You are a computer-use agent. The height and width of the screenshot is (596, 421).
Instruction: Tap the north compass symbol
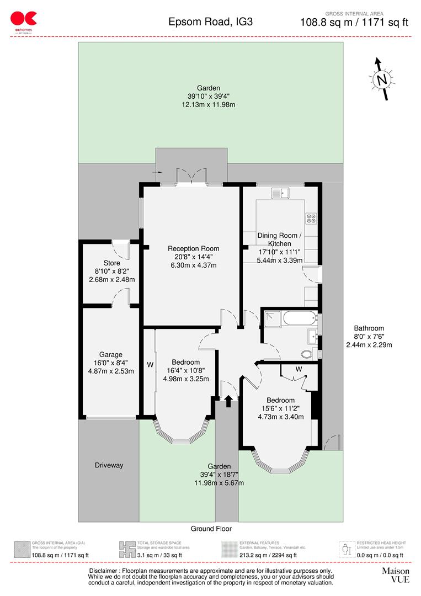pos(381,79)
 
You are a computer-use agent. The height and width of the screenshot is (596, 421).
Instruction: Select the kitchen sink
pos(281,193)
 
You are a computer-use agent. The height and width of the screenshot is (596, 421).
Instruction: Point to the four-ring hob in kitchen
pos(311,219)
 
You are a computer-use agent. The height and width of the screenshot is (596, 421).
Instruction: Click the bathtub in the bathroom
pos(298,317)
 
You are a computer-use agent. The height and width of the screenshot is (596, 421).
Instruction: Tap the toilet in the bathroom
pos(308,354)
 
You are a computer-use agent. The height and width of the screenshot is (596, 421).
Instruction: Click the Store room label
pos(111,263)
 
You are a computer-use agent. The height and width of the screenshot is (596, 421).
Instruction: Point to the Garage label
pos(111,355)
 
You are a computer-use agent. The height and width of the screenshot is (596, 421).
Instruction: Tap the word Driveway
pos(108,465)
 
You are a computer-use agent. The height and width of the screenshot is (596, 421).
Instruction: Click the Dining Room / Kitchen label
pos(279,240)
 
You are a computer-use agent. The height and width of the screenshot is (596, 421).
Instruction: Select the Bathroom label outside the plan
pos(369,328)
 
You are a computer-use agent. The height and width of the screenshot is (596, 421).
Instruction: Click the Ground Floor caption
pos(211,529)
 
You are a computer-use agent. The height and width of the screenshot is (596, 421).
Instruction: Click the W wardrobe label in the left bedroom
pos(149,365)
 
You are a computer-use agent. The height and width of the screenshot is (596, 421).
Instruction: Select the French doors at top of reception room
pos(191,177)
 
